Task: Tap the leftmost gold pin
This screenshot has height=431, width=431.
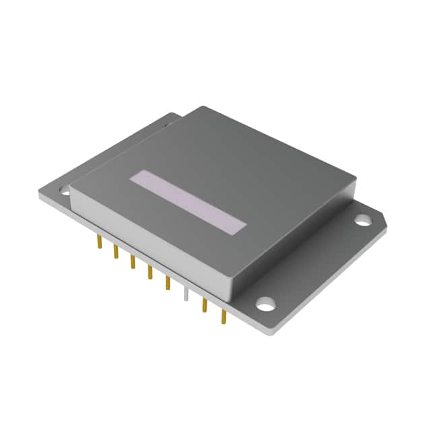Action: tap(98, 242)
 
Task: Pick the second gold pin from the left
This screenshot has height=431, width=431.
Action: tap(115, 252)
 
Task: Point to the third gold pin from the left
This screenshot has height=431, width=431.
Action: tap(132, 262)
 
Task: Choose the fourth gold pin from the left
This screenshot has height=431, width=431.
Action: tap(150, 273)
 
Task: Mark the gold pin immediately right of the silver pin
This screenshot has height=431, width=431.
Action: tap(203, 305)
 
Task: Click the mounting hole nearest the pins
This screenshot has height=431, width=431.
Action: tap(267, 304)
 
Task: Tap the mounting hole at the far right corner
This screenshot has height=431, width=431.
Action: tap(362, 220)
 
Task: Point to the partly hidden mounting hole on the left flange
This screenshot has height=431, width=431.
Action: tap(65, 191)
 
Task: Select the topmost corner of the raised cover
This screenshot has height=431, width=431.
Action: tap(202, 108)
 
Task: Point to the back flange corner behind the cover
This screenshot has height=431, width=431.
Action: tap(176, 116)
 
